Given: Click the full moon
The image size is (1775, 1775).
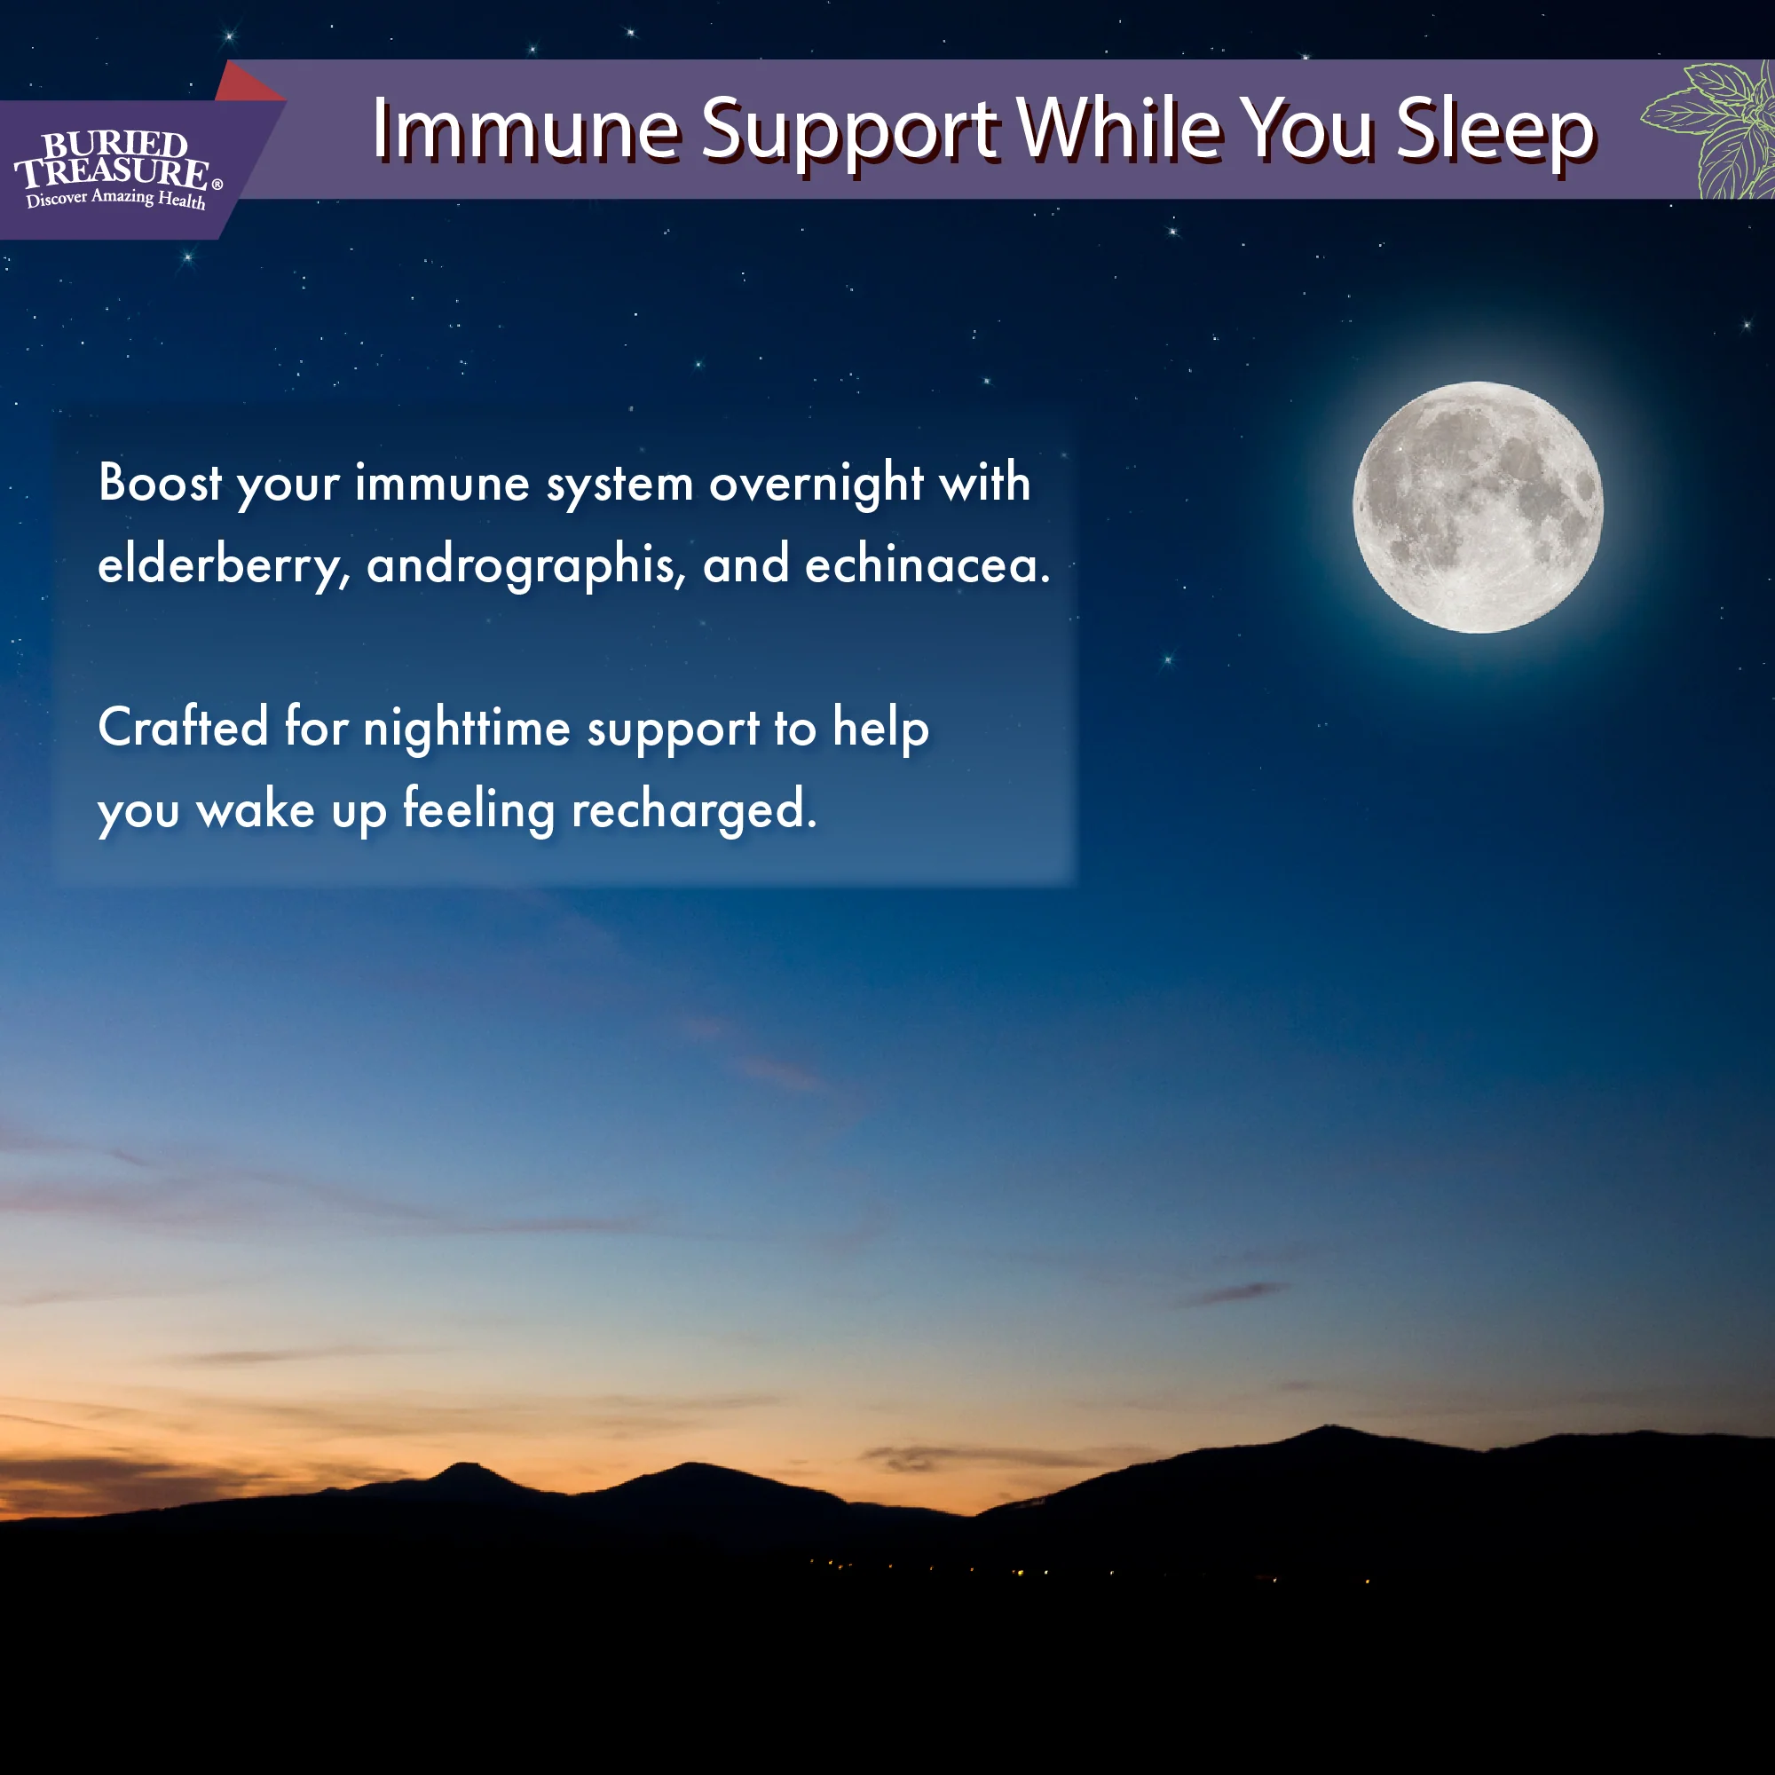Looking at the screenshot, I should click(1478, 507).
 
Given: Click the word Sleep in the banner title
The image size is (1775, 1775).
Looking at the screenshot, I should click(1495, 131).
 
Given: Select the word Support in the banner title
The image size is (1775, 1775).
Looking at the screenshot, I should click(849, 131).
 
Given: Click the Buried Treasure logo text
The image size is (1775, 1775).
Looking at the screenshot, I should click(112, 159).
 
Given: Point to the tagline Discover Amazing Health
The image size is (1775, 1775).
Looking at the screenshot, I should click(115, 199).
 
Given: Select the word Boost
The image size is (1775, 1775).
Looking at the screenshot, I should click(160, 484).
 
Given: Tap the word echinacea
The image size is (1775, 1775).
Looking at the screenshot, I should click(926, 564).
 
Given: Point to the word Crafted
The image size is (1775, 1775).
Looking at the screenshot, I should click(183, 727).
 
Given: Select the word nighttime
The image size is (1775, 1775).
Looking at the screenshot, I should click(467, 729).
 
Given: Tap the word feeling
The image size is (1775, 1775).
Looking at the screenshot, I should click(478, 809).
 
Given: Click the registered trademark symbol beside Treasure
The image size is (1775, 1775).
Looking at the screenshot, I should click(217, 184).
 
